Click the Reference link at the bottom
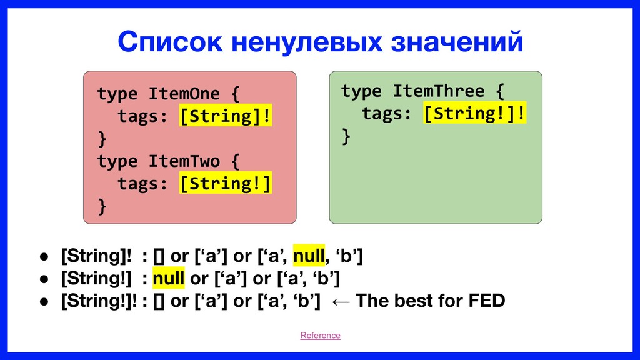[320, 335]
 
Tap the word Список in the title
[170, 42]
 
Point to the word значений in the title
[457, 42]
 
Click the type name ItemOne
[184, 94]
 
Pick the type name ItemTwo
[184, 161]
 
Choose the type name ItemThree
[438, 91]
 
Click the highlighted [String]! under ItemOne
[225, 116]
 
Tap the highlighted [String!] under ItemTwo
[225, 183]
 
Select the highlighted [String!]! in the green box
[475, 112]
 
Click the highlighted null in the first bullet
[309, 256]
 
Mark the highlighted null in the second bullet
[169, 278]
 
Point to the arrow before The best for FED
[341, 302]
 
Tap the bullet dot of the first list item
[44, 257]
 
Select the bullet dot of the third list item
[44, 302]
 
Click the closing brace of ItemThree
[346, 136]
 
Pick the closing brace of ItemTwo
[102, 206]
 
